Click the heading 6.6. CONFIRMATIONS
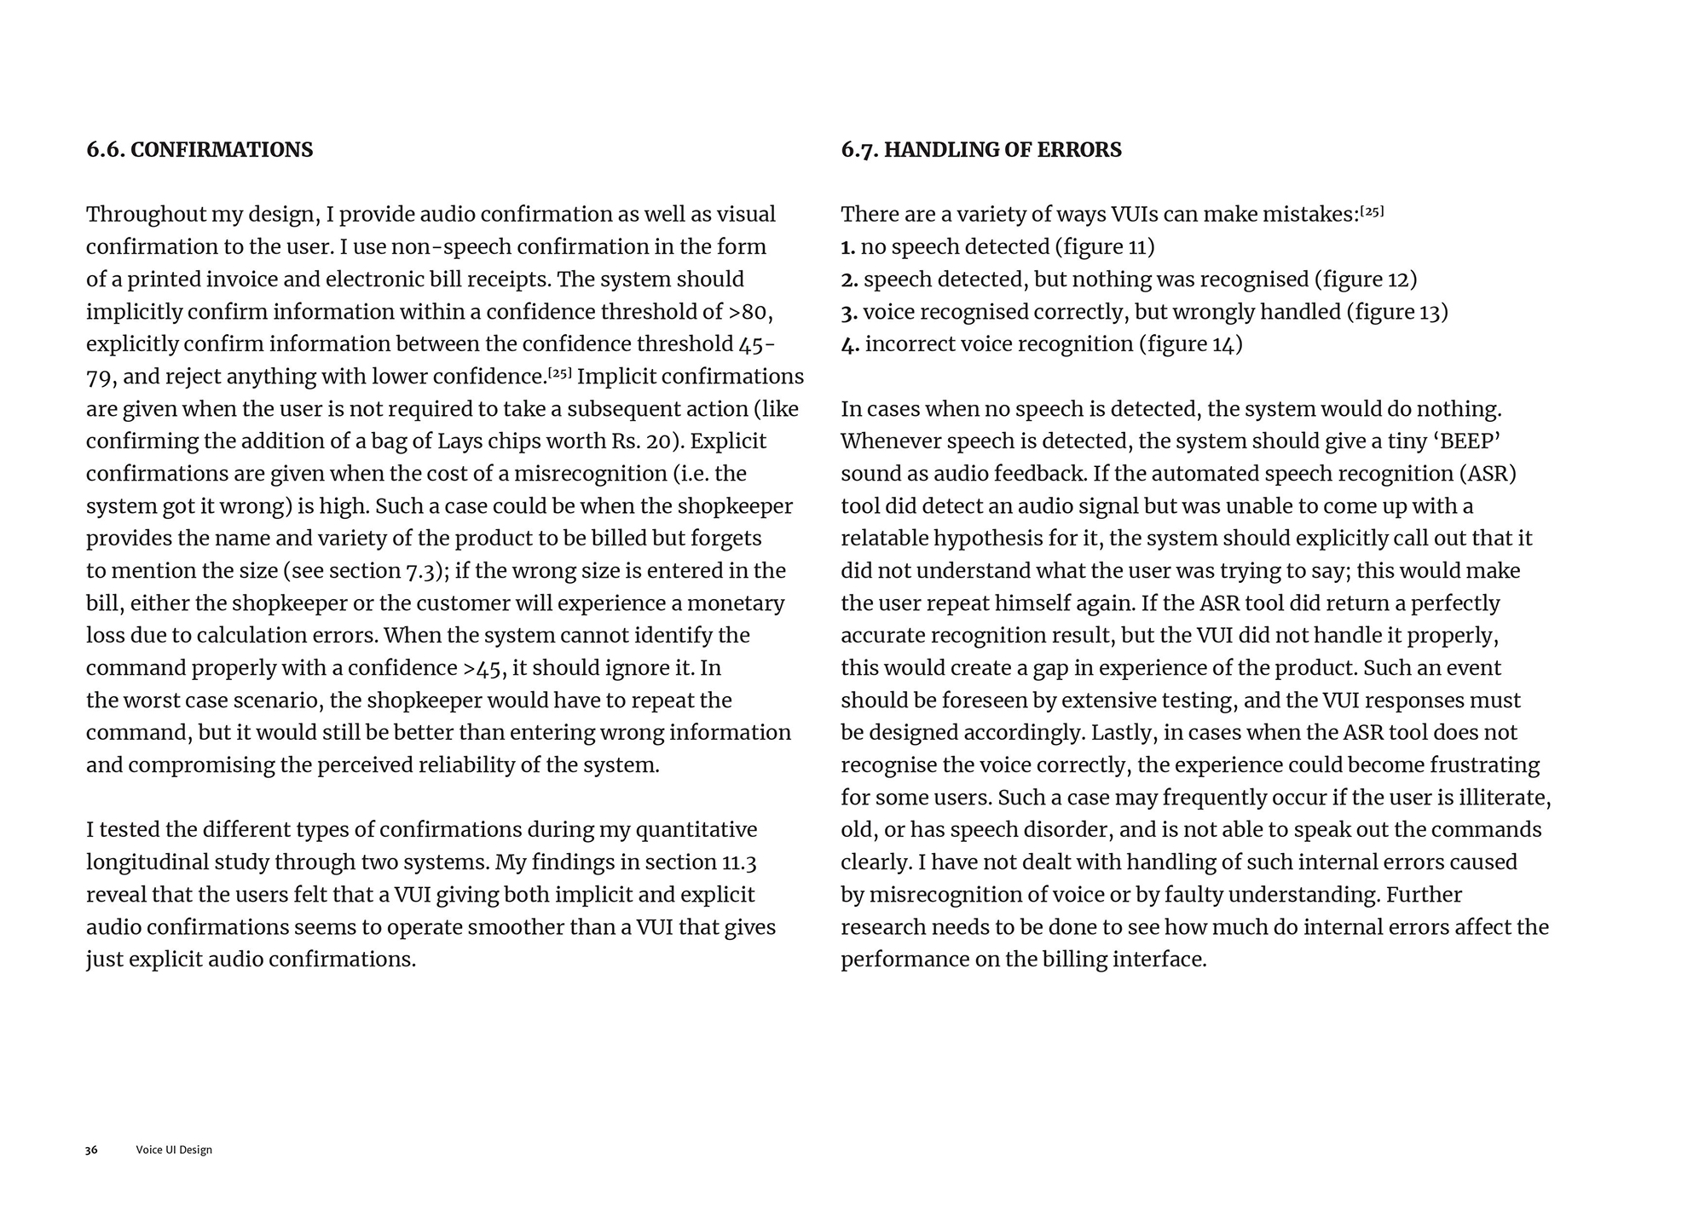tap(199, 150)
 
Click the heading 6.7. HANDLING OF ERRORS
tap(980, 150)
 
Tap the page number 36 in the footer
tap(91, 1150)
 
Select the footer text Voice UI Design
tap(174, 1150)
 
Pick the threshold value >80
tap(750, 312)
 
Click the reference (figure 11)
tap(1104, 247)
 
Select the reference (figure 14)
tap(1190, 344)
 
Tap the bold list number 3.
tap(848, 312)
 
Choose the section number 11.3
tap(739, 862)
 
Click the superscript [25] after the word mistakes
tap(1372, 211)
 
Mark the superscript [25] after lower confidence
tap(559, 373)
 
